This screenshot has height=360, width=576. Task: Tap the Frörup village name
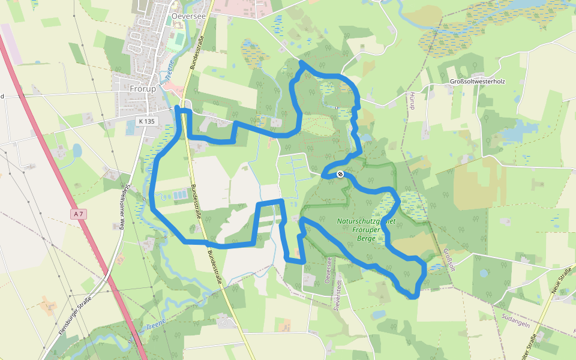pyautogui.click(x=143, y=89)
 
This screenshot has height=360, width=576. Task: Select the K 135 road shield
pyautogui.click(x=146, y=121)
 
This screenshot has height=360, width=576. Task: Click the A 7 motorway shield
pyautogui.click(x=77, y=214)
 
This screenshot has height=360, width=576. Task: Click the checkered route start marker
pyautogui.click(x=340, y=174)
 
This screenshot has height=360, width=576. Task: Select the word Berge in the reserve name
pyautogui.click(x=365, y=238)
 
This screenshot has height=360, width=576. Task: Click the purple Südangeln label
pyautogui.click(x=514, y=325)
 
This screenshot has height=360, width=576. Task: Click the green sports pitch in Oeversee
pyautogui.click(x=176, y=42)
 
